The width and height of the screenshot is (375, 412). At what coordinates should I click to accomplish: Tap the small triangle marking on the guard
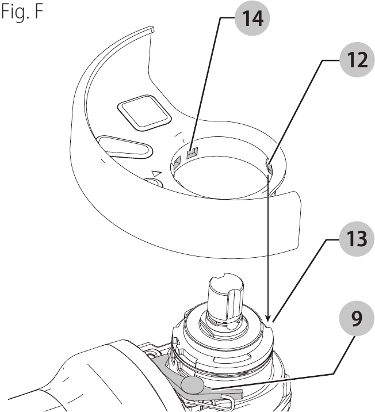tap(155, 172)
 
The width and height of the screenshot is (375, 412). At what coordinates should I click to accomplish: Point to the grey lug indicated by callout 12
tap(269, 167)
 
